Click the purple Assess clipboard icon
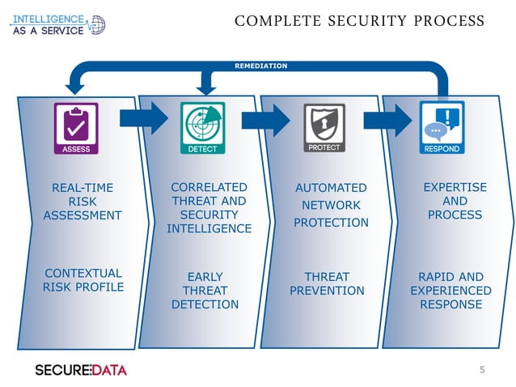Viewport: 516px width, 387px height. pos(76,128)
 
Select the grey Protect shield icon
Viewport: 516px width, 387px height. pos(324,128)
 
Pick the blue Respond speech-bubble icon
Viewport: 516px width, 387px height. pos(442,128)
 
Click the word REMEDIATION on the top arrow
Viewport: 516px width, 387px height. pos(260,66)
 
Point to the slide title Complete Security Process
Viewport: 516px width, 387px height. pos(359,21)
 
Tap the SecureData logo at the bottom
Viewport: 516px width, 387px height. pos(81,370)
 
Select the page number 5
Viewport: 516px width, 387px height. pos(482,370)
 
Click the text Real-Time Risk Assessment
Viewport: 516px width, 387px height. pos(82,202)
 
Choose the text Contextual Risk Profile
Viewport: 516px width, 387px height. pos(83,280)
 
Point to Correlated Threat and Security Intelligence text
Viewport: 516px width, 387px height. pos(209,208)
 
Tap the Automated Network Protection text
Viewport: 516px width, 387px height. pos(331,205)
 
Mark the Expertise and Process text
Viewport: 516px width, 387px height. pos(455,201)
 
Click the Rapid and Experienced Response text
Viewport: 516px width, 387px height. pos(450,291)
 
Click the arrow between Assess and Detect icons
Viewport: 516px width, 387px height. pos(142,119)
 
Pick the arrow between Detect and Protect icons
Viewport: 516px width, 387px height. pos(264,120)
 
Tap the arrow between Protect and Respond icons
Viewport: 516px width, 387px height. pos(387,120)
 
